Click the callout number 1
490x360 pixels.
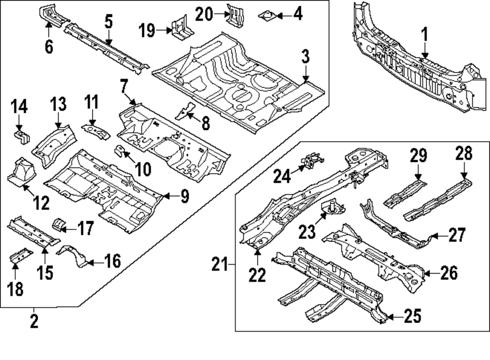click(x=424, y=35)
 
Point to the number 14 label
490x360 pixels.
click(x=20, y=106)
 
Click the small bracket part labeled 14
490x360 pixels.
click(x=21, y=135)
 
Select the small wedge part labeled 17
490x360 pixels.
click(x=59, y=226)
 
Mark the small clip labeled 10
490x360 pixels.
click(x=119, y=150)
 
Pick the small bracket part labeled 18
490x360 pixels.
click(x=21, y=256)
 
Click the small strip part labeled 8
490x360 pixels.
click(x=185, y=111)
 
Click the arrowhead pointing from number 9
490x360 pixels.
click(x=165, y=197)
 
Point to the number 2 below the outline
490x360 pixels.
click(x=34, y=322)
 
